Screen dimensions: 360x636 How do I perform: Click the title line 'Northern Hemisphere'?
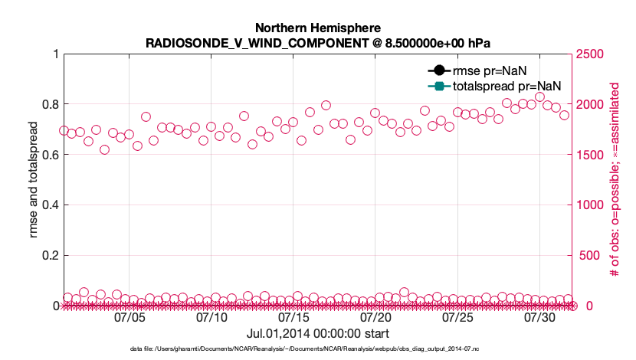pyautogui.click(x=317, y=28)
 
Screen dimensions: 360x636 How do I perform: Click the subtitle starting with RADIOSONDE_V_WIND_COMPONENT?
pyautogui.click(x=317, y=42)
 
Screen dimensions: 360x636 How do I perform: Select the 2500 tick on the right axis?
pyautogui.click(x=590, y=54)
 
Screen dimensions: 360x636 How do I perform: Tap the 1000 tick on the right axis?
pyautogui.click(x=590, y=205)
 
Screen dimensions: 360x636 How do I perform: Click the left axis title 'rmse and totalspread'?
pyautogui.click(x=33, y=180)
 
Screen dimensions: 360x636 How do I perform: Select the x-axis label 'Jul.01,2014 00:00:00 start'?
pyautogui.click(x=317, y=333)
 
